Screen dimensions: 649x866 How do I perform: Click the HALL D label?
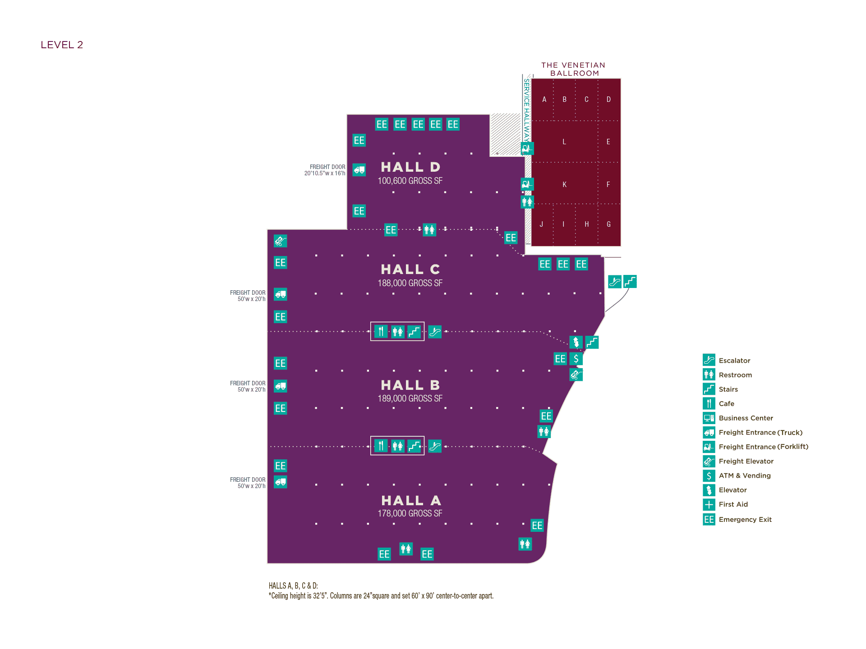click(410, 167)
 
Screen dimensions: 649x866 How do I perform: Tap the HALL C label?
click(410, 270)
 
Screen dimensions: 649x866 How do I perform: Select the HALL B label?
click(410, 385)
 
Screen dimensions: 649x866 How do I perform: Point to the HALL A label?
click(410, 501)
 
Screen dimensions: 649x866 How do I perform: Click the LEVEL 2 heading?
click(62, 45)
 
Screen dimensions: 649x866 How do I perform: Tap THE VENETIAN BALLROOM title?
click(573, 69)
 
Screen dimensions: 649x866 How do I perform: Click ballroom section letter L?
click(564, 142)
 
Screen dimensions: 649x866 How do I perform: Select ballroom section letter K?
click(564, 185)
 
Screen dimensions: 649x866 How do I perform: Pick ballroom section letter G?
click(608, 224)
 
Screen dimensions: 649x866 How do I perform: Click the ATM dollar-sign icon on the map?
click(576, 359)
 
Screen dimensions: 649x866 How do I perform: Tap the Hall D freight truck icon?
click(359, 170)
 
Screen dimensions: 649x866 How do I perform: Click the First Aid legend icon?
click(709, 504)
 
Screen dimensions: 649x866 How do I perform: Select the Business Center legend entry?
click(746, 418)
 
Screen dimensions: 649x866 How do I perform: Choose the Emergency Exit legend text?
click(745, 520)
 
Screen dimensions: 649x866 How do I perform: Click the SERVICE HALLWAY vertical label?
click(526, 110)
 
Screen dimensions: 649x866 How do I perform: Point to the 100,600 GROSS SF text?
click(410, 181)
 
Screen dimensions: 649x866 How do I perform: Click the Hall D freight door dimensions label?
click(325, 170)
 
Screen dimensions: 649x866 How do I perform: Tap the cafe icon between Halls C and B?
click(381, 332)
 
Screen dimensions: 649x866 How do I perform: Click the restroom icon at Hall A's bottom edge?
click(406, 549)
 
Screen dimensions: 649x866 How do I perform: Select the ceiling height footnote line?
click(381, 596)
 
